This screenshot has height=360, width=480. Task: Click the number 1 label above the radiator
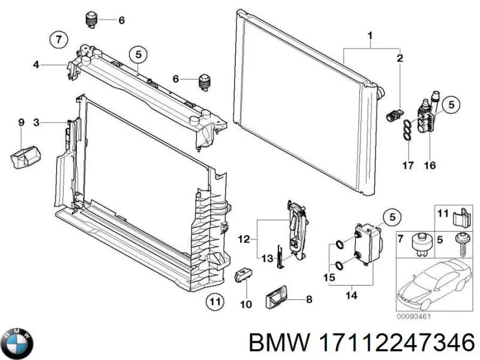(x=370, y=35)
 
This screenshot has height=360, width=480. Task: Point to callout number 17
(x=408, y=165)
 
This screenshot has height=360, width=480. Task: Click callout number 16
(x=430, y=165)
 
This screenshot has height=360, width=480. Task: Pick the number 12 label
(x=243, y=239)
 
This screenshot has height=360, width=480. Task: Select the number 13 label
(x=266, y=258)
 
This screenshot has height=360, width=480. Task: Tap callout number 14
(x=352, y=294)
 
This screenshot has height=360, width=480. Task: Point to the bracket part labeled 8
(x=279, y=296)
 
